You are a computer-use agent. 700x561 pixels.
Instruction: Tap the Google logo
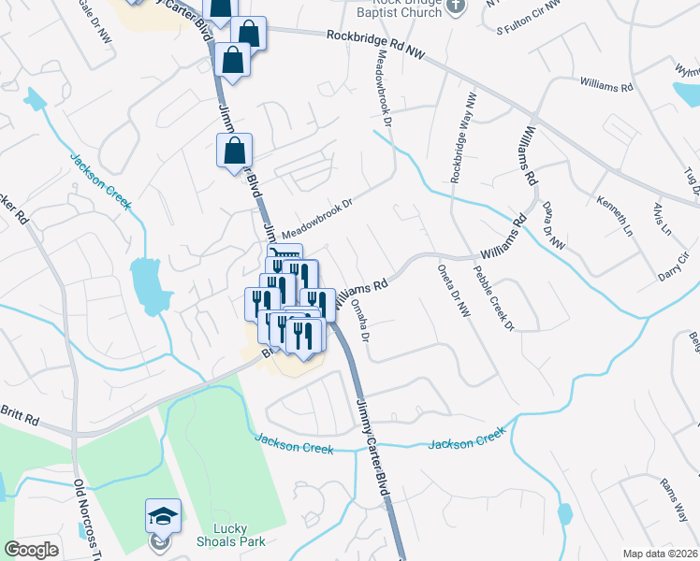click(x=32, y=550)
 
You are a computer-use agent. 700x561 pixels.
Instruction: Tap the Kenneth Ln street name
click(x=615, y=216)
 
